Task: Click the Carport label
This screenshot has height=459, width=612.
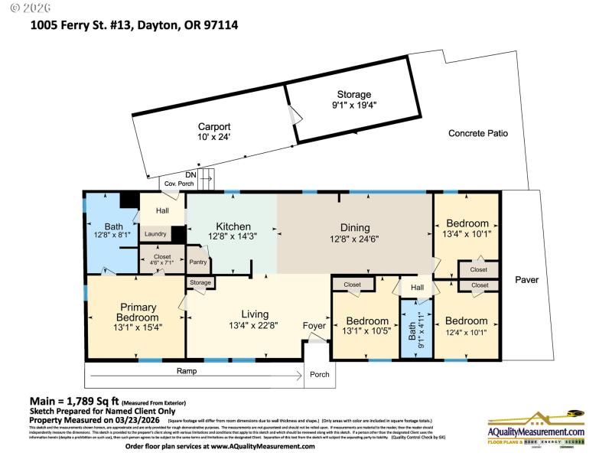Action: click(214, 127)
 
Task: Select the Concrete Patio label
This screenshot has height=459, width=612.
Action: click(477, 133)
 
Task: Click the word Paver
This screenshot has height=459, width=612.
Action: click(526, 280)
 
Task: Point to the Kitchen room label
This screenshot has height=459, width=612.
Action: click(233, 227)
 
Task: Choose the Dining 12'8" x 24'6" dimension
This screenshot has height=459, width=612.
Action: click(355, 239)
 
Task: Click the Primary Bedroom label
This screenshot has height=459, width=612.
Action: click(138, 312)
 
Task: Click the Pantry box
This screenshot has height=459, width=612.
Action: click(198, 262)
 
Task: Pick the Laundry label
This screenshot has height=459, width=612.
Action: click(156, 234)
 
